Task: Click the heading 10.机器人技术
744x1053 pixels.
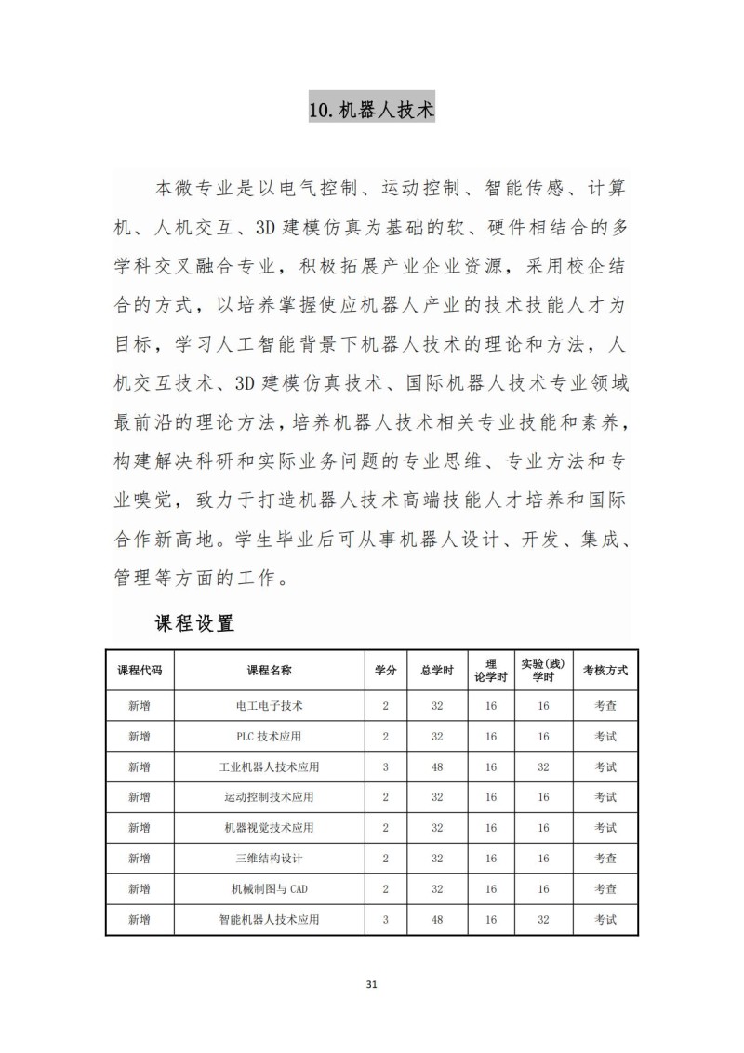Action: pyautogui.click(x=371, y=110)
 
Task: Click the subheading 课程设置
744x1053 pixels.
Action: pyautogui.click(x=194, y=623)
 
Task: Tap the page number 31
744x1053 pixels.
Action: pyautogui.click(x=372, y=983)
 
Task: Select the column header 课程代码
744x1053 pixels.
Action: pyautogui.click(x=139, y=670)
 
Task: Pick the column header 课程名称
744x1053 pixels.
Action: pyautogui.click(x=270, y=670)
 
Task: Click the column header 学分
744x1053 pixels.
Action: pyautogui.click(x=386, y=670)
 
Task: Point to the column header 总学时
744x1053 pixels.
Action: pyautogui.click(x=436, y=670)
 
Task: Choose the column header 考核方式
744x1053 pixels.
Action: pyautogui.click(x=605, y=670)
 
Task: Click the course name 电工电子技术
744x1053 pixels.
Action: pyautogui.click(x=270, y=706)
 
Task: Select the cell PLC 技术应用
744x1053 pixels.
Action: pyautogui.click(x=270, y=737)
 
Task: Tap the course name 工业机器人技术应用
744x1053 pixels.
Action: pyautogui.click(x=270, y=767)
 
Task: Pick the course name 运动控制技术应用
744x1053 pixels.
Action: pyautogui.click(x=270, y=797)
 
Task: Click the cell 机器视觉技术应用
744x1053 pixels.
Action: pyautogui.click(x=270, y=828)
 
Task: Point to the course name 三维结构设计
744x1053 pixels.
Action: pyautogui.click(x=270, y=859)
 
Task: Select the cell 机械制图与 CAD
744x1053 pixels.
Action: pyautogui.click(x=270, y=889)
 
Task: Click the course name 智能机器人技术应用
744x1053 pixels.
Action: pyautogui.click(x=270, y=920)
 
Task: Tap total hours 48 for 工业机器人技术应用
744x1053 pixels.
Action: pyautogui.click(x=436, y=767)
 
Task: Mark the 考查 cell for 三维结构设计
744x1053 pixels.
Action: pyautogui.click(x=605, y=859)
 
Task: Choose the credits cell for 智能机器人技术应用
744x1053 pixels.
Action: pyautogui.click(x=386, y=920)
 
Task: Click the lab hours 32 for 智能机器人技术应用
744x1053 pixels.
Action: pyautogui.click(x=543, y=920)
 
